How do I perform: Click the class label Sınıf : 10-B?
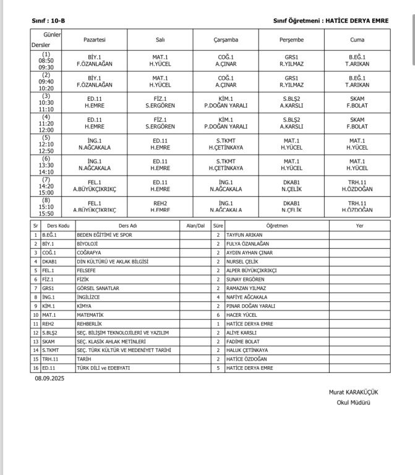[x=48, y=20]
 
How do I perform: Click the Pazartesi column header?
[x=95, y=40]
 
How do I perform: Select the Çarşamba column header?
[x=225, y=40]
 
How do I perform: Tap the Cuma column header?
[x=357, y=40]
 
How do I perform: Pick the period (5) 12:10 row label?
[x=46, y=143]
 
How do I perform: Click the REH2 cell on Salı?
[x=160, y=207]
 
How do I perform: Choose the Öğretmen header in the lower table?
[x=276, y=226]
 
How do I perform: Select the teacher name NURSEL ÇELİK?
[x=247, y=262]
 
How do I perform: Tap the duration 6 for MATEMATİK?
[x=218, y=315]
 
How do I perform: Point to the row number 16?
[x=36, y=368]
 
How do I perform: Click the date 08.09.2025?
[x=49, y=378]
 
